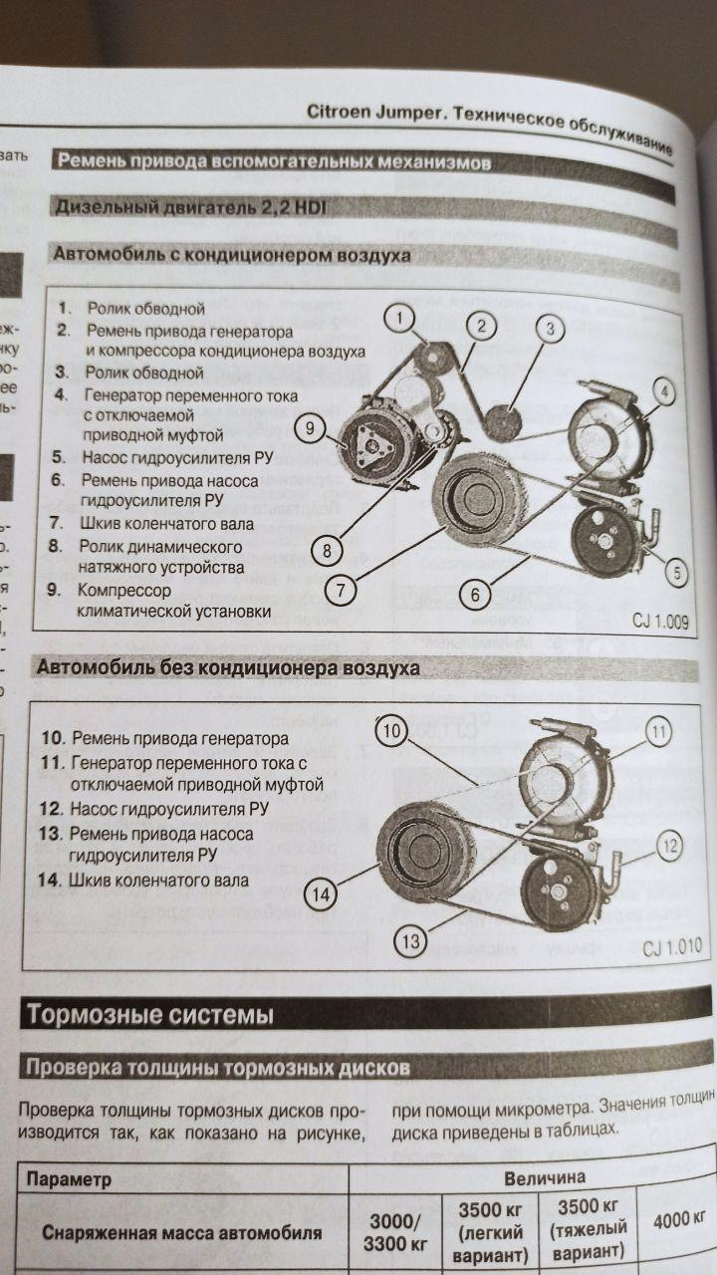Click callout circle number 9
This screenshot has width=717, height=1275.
311,428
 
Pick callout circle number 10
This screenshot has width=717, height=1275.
392,732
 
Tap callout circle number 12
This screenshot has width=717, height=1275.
669,848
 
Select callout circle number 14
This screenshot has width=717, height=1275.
320,895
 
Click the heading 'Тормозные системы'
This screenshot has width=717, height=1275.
149,1016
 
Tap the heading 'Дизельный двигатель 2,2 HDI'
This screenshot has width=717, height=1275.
189,207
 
